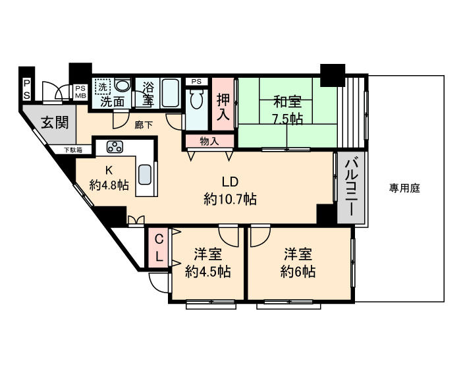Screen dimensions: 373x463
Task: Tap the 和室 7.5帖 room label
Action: [x=287, y=111]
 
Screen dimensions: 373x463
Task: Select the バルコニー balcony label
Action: [x=352, y=187]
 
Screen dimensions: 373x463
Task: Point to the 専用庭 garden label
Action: [x=404, y=188]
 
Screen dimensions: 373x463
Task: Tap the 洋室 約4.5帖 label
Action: [x=207, y=263]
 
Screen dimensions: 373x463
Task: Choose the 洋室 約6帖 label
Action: [x=297, y=263]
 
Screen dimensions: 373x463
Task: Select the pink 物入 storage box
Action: [x=209, y=140]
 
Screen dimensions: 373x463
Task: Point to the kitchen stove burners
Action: [x=113, y=146]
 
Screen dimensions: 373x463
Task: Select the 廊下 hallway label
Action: [x=144, y=124]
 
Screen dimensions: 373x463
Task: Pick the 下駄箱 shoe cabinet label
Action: [x=73, y=150]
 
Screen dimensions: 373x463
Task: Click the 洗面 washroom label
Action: [x=113, y=101]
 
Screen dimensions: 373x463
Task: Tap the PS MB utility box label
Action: [x=80, y=92]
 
